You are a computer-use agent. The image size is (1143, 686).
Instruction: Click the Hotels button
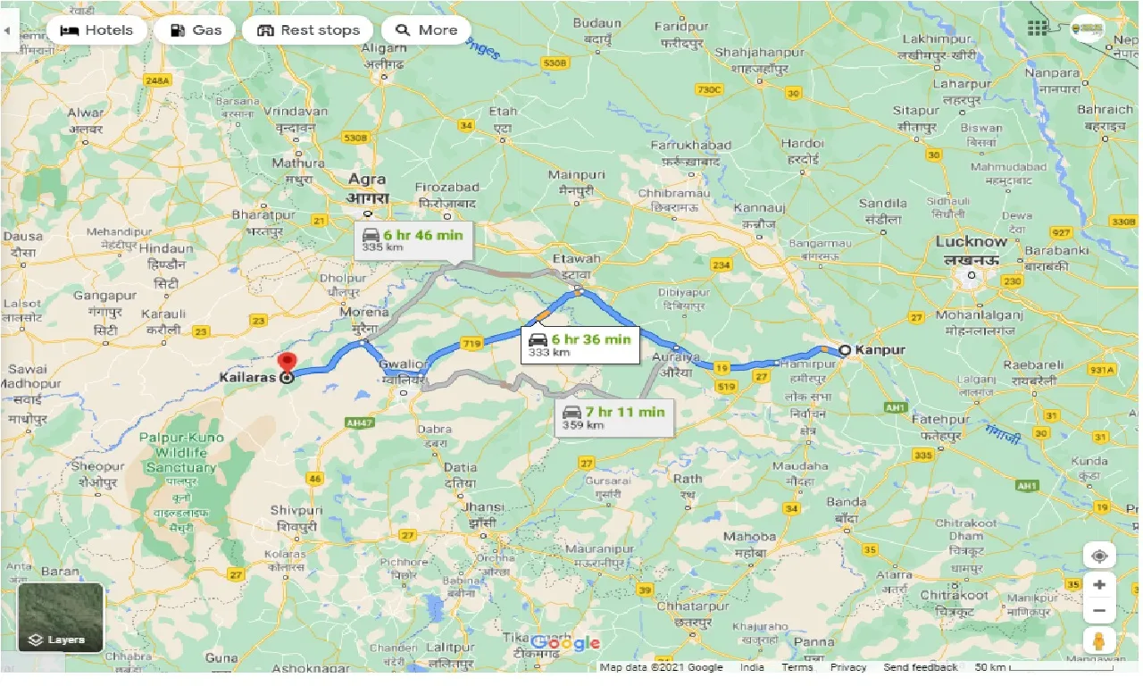pos(96,30)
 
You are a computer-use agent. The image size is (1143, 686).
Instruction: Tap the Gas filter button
pos(195,30)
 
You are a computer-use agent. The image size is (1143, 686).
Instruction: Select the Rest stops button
pos(307,30)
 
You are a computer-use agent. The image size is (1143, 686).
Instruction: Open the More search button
pos(426,30)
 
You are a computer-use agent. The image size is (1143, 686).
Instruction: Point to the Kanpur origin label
pos(880,350)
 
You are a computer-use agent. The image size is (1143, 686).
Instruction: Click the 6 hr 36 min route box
pos(580,344)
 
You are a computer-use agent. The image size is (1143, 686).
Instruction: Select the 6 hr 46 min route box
pos(413,239)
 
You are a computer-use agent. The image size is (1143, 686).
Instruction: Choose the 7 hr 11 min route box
pos(613,416)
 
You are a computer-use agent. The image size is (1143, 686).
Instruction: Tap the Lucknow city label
pos(971,242)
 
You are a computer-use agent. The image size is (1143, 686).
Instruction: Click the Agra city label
pos(368,180)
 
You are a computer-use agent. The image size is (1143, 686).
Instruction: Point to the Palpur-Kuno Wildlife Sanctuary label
pos(182,453)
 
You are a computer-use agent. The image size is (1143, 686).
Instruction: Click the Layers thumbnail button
pos(61,617)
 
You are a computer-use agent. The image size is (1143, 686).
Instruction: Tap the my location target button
pos(1099,556)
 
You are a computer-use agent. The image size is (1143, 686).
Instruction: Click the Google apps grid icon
pos(1037,28)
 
